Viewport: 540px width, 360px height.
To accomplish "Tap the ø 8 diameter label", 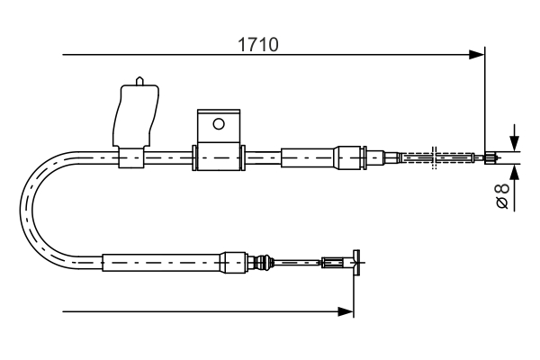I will (503, 195).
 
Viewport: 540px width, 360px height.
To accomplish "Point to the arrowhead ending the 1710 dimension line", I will (478, 55).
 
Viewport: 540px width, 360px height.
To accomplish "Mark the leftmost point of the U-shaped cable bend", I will (22, 211).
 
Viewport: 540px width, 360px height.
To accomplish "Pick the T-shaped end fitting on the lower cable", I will (355, 263).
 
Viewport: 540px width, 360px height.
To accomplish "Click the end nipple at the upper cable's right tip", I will (490, 158).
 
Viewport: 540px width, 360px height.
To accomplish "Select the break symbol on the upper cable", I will (435, 158).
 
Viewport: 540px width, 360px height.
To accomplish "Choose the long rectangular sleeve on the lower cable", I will (162, 263).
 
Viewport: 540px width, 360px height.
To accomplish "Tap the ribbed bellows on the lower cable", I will (263, 263).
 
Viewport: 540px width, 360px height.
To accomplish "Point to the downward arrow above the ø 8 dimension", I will (513, 143).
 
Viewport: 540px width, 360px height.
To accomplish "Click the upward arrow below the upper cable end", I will (513, 172).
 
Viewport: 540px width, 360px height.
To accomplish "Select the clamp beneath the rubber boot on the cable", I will (130, 158).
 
